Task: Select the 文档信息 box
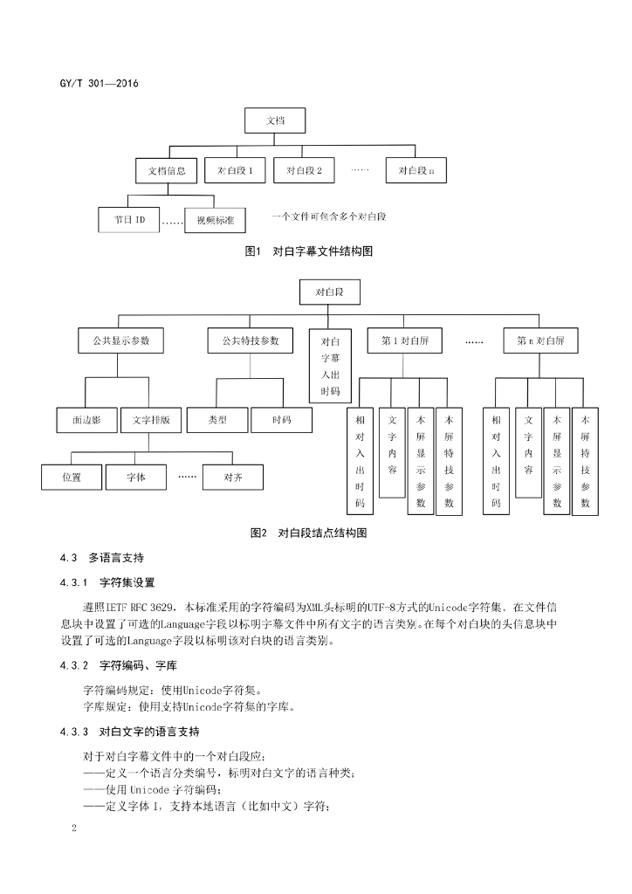pyautogui.click(x=166, y=171)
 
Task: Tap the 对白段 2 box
pyautogui.click(x=304, y=171)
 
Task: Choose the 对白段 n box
pyautogui.click(x=416, y=171)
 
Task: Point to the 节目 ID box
pyautogui.click(x=128, y=220)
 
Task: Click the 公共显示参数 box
pyautogui.click(x=114, y=340)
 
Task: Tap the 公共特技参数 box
pyautogui.click(x=251, y=340)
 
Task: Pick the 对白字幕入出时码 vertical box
pyautogui.click(x=330, y=366)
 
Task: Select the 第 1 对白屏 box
pyautogui.click(x=411, y=340)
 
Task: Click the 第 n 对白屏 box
pyautogui.click(x=534, y=340)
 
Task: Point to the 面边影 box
pyautogui.click(x=86, y=420)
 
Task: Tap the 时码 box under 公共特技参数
pyautogui.click(x=281, y=420)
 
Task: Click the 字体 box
pyautogui.click(x=135, y=478)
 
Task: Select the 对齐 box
pyautogui.click(x=233, y=478)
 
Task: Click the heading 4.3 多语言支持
pyautogui.click(x=102, y=557)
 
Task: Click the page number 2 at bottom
pyautogui.click(x=75, y=826)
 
